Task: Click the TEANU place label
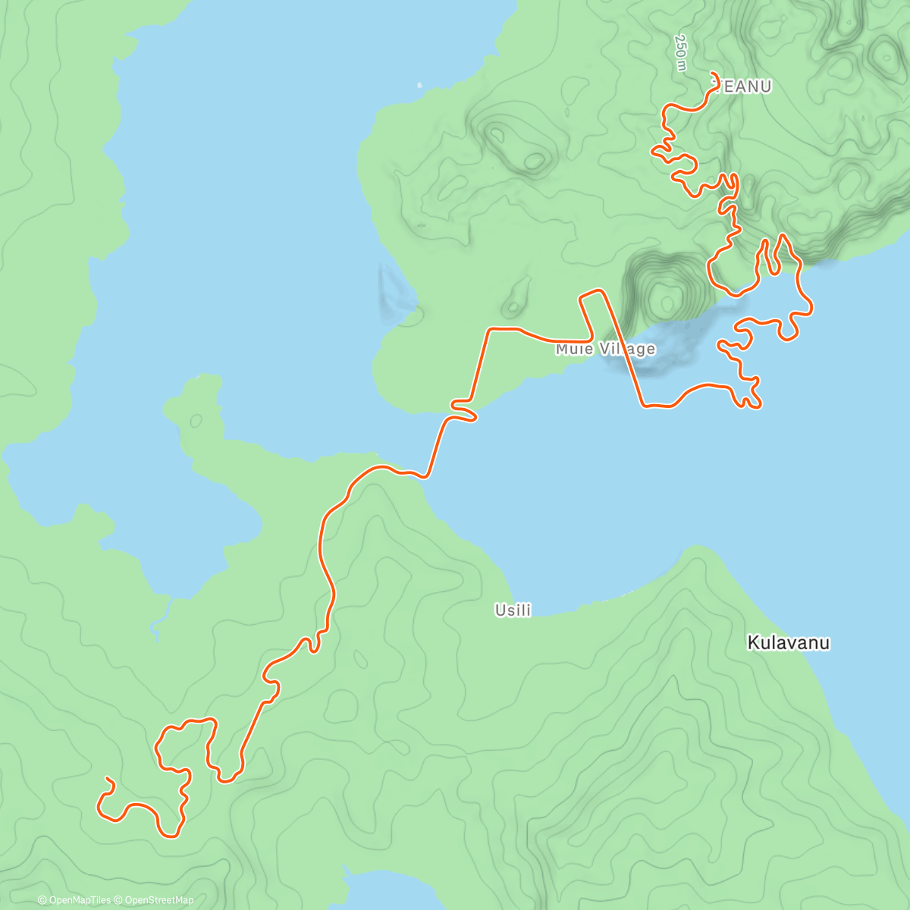coord(742,87)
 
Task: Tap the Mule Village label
coord(605,349)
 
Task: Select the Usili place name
coord(513,610)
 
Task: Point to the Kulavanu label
coord(788,643)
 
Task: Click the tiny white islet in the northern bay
coord(419,85)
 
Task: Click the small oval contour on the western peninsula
coord(196,420)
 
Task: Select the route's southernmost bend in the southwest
coord(170,836)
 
